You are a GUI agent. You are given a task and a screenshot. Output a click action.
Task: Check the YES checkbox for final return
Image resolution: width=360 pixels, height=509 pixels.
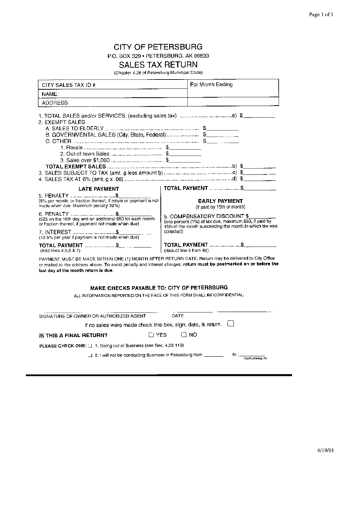[151, 335]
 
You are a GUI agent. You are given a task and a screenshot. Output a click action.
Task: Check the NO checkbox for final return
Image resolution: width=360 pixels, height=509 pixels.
[183, 335]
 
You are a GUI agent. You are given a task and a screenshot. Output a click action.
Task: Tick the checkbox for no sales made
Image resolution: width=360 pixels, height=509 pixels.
[230, 323]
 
